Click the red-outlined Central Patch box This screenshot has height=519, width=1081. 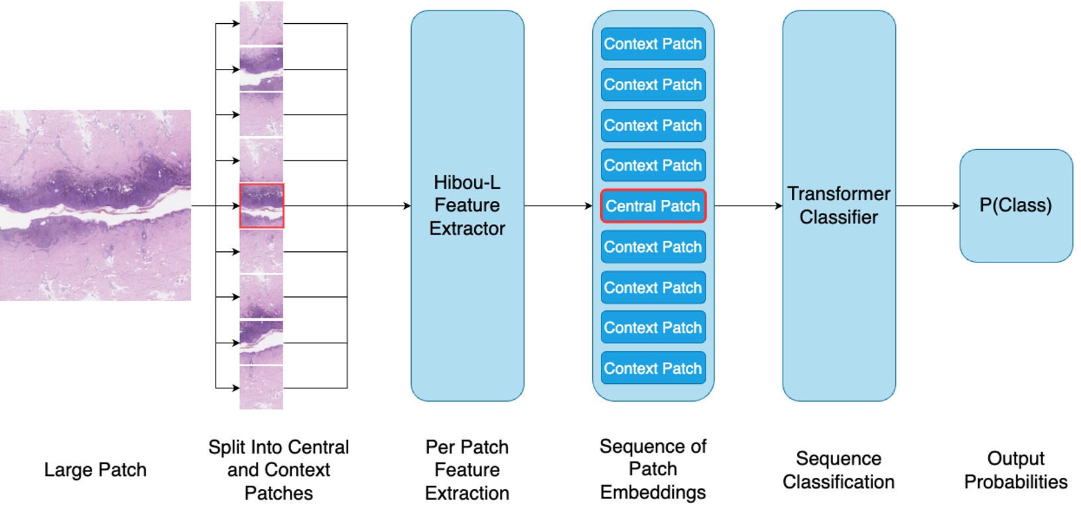pos(653,206)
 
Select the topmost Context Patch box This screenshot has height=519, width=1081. pos(653,44)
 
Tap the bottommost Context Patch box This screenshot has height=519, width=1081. pos(653,368)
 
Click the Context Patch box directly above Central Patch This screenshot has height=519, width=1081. pos(653,165)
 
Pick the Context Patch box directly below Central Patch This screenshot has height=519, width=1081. pos(653,247)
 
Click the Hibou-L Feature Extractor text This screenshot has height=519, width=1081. pos(467,205)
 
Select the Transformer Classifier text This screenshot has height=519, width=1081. pos(838,205)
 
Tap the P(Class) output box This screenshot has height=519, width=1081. pos(1015,205)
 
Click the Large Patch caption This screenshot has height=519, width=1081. pos(95,470)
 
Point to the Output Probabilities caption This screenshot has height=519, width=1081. pos(1015,470)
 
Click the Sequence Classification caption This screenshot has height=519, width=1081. pos(838,470)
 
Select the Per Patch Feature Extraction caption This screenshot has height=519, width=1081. pos(467,470)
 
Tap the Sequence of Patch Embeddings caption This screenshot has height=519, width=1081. pos(653,469)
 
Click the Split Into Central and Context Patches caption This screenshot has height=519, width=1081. pos(279,470)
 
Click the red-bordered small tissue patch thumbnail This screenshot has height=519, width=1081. pos(261,206)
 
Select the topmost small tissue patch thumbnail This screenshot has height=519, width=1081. pos(261,23)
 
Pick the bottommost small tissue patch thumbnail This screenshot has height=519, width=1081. pos(261,388)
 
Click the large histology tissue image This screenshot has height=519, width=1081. pos(95,205)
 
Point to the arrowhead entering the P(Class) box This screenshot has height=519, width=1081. pos(956,206)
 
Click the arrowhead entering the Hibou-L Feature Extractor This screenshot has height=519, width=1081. pos(407,206)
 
